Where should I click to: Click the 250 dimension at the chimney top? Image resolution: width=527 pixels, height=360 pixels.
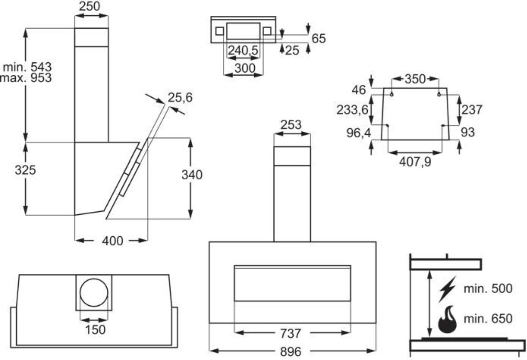(90, 6)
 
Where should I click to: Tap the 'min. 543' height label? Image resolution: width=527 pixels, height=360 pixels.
(27, 67)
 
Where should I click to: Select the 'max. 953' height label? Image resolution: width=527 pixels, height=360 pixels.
(26, 78)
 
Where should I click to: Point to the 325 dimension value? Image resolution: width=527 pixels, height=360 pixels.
(25, 170)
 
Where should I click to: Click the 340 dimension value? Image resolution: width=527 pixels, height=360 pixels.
(192, 175)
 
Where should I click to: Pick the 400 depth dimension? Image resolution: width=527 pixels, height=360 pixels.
(112, 241)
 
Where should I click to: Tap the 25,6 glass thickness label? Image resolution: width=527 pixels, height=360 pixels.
(180, 97)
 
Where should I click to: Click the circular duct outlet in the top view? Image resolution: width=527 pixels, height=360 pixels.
(94, 292)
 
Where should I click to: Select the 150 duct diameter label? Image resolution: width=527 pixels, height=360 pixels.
(95, 330)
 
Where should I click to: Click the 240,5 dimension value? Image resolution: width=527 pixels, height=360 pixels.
(243, 50)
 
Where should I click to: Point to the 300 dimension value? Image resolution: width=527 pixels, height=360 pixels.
(245, 68)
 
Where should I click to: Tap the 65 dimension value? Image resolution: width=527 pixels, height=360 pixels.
(319, 39)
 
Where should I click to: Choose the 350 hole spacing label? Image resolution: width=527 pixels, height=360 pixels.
(415, 79)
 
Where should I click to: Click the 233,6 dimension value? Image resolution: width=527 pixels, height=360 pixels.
(352, 110)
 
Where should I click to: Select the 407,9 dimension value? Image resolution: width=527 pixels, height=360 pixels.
(415, 162)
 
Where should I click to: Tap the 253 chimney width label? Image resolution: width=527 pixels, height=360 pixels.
(291, 125)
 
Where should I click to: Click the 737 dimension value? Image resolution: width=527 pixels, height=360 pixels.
(291, 334)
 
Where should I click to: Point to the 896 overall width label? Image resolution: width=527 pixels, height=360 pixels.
(291, 352)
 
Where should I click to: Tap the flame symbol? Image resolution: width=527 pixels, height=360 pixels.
(447, 319)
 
